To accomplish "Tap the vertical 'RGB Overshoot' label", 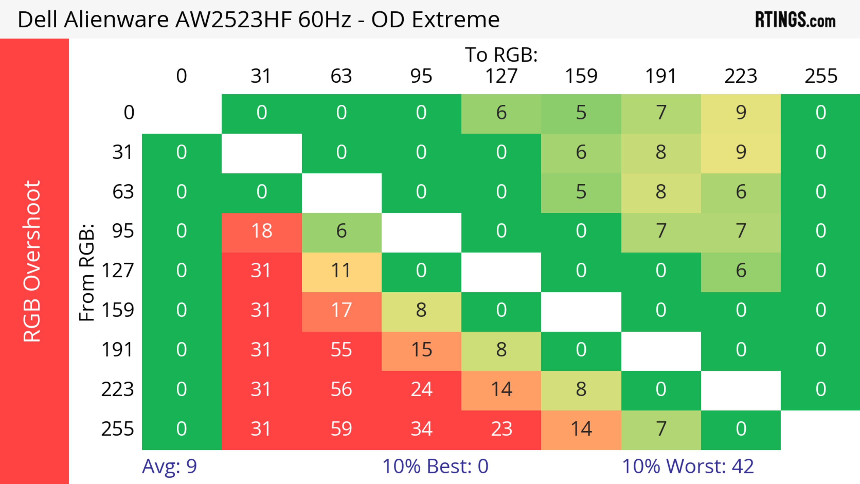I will pos(32,261).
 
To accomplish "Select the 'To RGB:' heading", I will pos(501,55).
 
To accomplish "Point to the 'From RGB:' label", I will pos(87,272).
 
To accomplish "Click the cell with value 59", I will pos(341,429).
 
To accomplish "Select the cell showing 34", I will pos(421,429).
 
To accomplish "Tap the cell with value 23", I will pos(501,429).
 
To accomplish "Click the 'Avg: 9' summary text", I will pos(169,466).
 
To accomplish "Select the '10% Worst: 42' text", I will pos(688,466).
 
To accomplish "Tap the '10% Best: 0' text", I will pos(435,466).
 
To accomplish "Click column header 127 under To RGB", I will pos(501,76).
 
